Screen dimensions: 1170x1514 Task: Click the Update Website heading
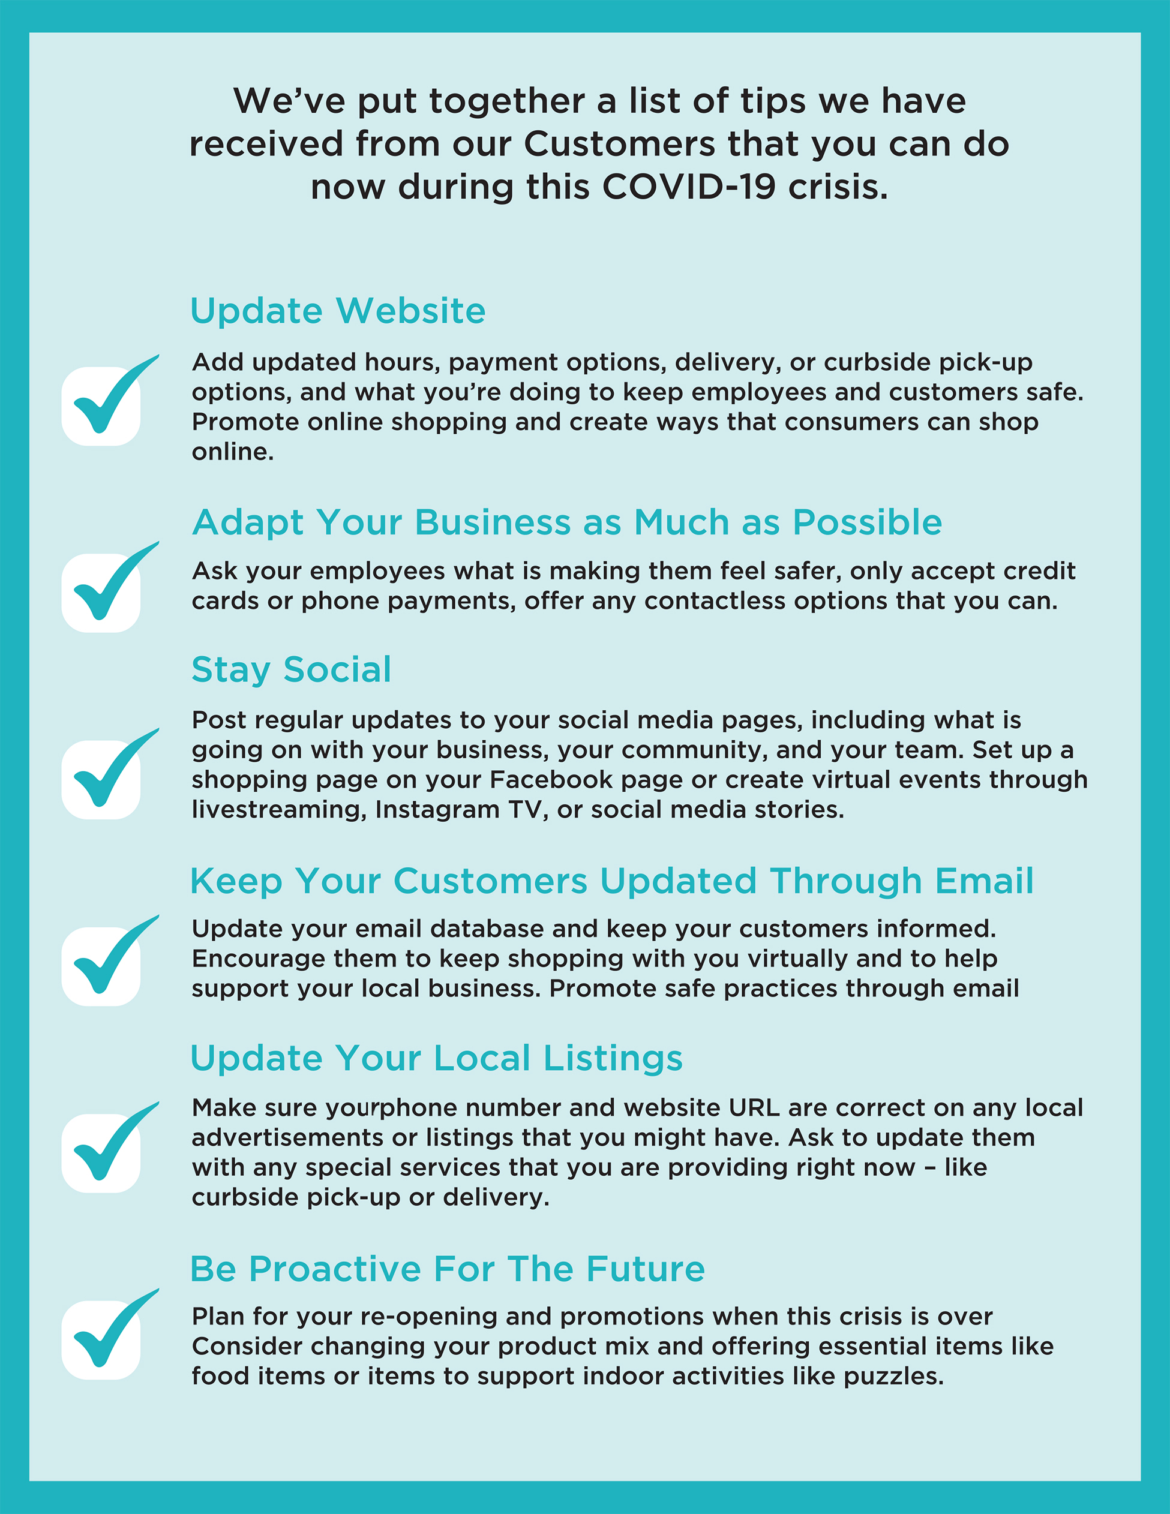[x=338, y=311]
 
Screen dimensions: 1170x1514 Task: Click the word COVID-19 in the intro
[x=689, y=187]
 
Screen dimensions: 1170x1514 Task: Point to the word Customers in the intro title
[x=619, y=144]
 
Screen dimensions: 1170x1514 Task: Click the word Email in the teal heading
[x=984, y=881]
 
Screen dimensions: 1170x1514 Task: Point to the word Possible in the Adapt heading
[x=867, y=522]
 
